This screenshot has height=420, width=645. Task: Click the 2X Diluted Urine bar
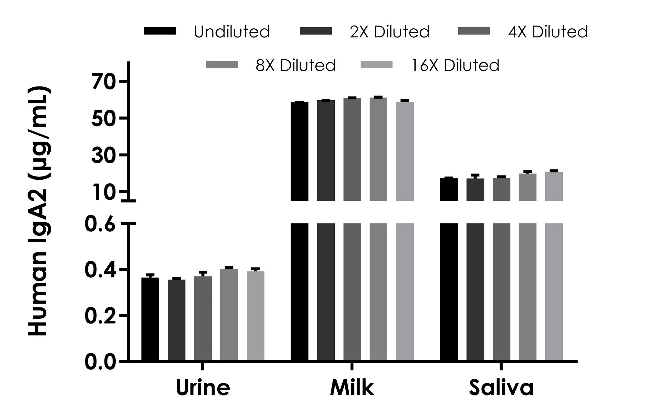click(x=176, y=320)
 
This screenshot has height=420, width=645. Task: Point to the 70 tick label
click(x=104, y=82)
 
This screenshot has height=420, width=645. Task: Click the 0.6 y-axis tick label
click(x=100, y=225)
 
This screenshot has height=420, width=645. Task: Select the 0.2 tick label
click(x=100, y=316)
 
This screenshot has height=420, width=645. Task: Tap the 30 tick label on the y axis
click(x=104, y=156)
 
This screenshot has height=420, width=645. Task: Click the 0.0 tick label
click(x=100, y=362)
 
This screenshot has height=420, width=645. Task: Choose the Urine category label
click(x=203, y=388)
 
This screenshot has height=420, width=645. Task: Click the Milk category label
click(x=352, y=388)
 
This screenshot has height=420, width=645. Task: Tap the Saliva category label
click(x=501, y=388)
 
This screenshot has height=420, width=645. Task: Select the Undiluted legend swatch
click(x=160, y=31)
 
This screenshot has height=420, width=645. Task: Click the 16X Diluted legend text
click(x=455, y=65)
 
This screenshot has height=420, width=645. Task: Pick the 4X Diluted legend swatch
click(x=474, y=31)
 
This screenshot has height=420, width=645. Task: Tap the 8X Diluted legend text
click(x=295, y=65)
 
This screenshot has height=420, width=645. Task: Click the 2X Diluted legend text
click(x=390, y=32)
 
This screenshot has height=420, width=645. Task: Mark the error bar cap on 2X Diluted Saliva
click(x=475, y=175)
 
